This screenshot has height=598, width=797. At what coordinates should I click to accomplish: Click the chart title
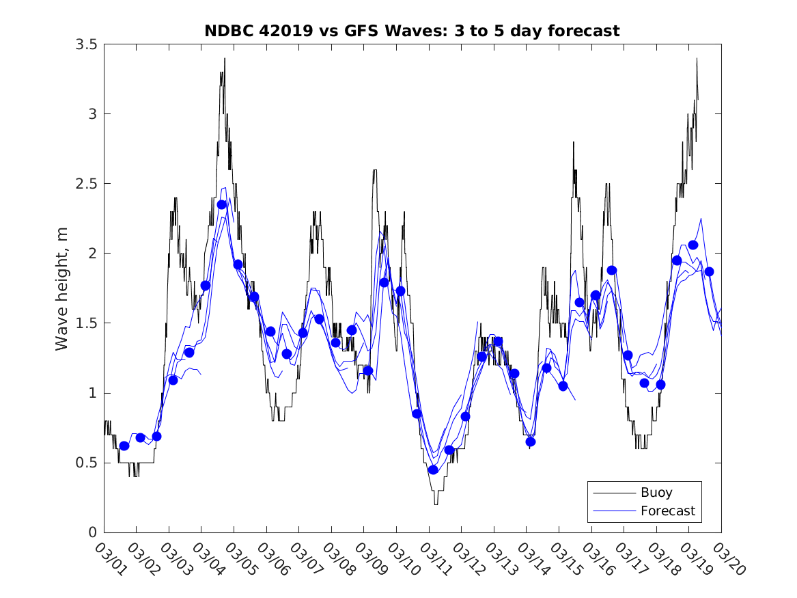[x=412, y=31]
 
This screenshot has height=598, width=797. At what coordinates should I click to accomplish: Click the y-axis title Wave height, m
[x=62, y=288]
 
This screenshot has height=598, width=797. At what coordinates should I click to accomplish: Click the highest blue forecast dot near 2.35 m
[x=221, y=204]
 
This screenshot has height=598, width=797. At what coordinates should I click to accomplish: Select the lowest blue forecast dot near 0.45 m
[x=433, y=470]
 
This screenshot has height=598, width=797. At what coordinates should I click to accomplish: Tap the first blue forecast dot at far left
[x=124, y=446]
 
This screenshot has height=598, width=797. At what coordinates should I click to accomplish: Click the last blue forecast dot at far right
[x=709, y=271]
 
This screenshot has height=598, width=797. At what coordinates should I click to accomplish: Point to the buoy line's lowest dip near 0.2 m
[x=436, y=503]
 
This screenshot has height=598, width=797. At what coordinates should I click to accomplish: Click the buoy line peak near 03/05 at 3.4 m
[x=224, y=59]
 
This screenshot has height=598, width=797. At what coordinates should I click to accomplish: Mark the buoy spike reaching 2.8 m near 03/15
[x=574, y=143]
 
